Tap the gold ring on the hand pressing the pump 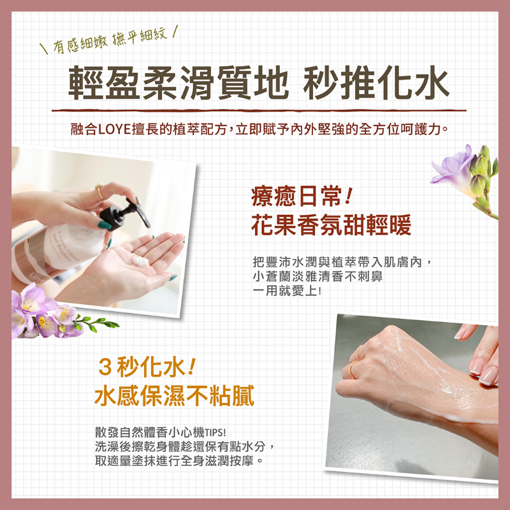pyautogui.click(x=99, y=191)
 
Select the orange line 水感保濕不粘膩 pyautogui.click(x=174, y=396)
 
